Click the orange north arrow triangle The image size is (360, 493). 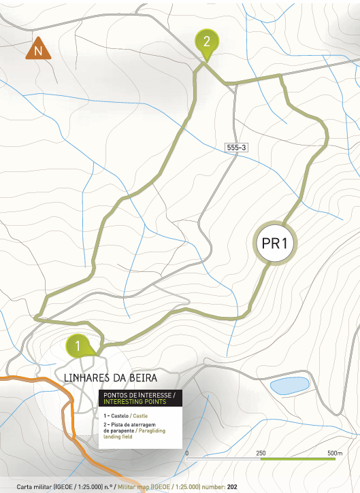click(x=39, y=50)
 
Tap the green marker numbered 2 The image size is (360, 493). click(x=206, y=42)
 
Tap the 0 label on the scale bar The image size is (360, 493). click(x=186, y=453)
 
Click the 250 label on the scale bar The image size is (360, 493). click(x=261, y=453)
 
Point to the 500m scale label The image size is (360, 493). click(x=334, y=453)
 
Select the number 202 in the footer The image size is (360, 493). click(x=232, y=487)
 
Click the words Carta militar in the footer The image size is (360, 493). click(x=34, y=487)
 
